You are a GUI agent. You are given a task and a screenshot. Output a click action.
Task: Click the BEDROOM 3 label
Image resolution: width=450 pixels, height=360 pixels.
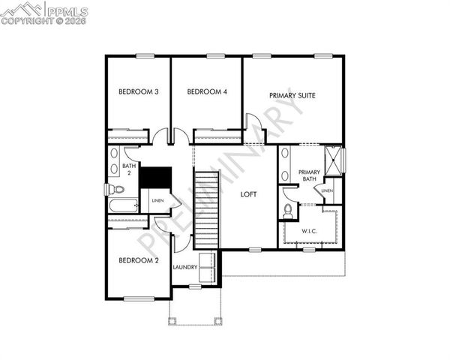[139, 92]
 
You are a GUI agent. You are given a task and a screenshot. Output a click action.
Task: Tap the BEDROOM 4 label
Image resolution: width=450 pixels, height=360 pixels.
[207, 92]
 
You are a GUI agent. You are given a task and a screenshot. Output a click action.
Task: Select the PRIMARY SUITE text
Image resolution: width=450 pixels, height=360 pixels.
[292, 96]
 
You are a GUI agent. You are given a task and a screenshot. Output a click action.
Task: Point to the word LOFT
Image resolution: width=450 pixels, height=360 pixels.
[248, 194]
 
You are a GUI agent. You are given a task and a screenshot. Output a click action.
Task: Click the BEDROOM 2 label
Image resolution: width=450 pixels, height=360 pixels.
[139, 260]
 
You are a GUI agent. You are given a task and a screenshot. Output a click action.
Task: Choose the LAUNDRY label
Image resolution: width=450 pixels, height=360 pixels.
[184, 267]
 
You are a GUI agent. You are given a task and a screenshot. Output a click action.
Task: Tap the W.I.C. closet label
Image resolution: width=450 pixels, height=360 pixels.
[309, 230]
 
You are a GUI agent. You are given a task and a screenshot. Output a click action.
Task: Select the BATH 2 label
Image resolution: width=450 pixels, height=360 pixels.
[129, 169]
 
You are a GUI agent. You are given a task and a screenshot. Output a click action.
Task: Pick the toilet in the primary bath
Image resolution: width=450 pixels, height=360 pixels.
[288, 208]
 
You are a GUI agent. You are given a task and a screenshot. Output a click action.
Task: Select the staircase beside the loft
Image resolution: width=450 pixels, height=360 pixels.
[206, 210]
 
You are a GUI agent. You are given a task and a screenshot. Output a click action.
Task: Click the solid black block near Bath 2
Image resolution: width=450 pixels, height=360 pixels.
[157, 178]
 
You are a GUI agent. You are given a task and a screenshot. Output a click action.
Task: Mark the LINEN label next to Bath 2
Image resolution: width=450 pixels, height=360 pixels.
[157, 200]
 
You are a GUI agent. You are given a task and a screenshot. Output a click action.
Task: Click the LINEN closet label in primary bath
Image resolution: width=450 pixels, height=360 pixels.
[327, 191]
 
